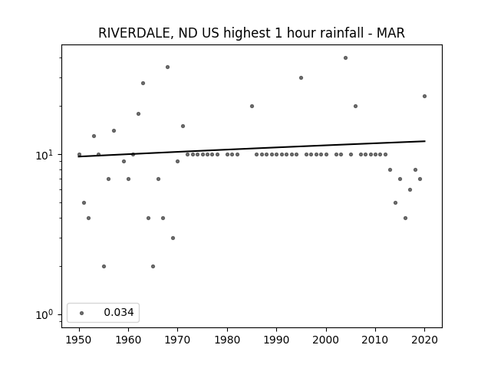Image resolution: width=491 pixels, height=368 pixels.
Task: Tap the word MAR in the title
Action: tap(390, 33)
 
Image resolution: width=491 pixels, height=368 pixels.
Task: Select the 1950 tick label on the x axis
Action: tap(79, 340)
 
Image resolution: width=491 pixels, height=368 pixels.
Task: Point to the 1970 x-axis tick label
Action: tap(177, 340)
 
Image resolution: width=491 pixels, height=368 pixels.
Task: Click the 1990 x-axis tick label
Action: tap(276, 340)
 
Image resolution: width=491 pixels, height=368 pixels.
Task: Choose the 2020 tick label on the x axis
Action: tap(424, 340)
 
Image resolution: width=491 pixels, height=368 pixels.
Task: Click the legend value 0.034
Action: tap(119, 312)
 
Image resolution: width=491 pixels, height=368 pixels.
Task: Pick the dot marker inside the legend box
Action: tap(82, 313)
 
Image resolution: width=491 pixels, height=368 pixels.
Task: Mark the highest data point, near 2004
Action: tap(345, 58)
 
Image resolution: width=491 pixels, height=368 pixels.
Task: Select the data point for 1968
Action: tap(167, 67)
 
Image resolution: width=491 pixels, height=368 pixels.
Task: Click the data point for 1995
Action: tap(301, 77)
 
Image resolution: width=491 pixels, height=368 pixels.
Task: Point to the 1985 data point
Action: tap(252, 106)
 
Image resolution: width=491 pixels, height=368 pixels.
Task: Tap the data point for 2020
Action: tap(424, 96)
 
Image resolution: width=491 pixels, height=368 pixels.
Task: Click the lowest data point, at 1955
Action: tap(104, 266)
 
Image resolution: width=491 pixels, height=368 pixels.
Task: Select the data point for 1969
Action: tap(173, 238)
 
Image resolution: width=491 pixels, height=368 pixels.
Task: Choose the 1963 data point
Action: tap(143, 83)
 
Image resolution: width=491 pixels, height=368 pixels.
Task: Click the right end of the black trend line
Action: tap(425, 141)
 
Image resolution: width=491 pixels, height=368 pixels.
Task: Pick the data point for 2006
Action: tap(355, 106)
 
